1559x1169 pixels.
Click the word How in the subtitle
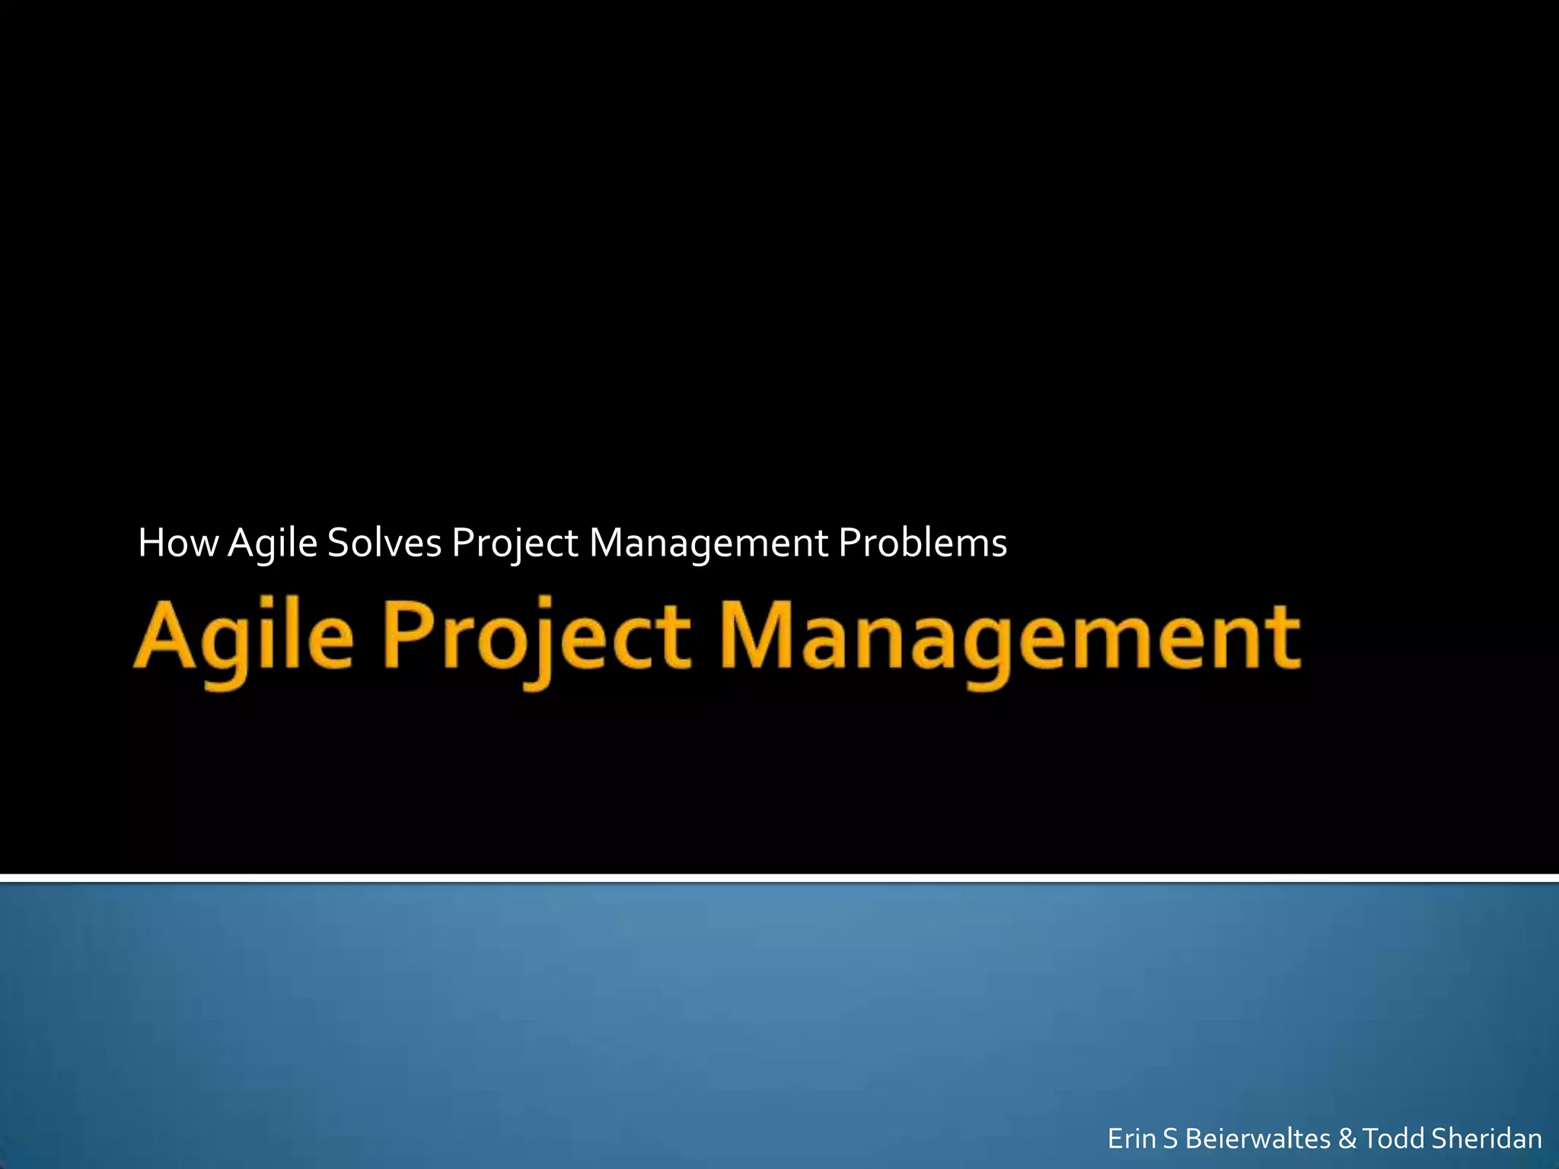(177, 543)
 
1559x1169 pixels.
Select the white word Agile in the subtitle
(272, 543)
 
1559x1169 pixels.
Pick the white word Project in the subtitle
(515, 543)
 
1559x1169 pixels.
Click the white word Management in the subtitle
(709, 543)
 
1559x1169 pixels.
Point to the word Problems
(923, 543)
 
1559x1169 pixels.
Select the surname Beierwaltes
(1258, 1139)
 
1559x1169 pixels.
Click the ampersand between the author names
(1347, 1139)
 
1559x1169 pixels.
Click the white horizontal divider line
(779, 878)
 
